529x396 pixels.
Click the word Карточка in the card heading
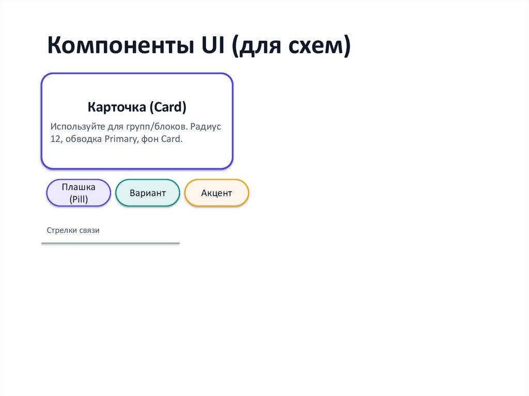[117, 107]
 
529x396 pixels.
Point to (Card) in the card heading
[168, 107]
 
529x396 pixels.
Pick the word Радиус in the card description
[206, 126]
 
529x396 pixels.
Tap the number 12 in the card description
[55, 139]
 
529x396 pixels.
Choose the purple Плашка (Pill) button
[79, 193]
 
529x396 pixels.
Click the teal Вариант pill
[148, 193]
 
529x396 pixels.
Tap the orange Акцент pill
[216, 193]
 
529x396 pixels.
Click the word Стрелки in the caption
[61, 230]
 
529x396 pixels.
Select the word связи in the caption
[89, 230]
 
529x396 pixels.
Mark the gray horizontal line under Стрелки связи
[111, 243]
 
